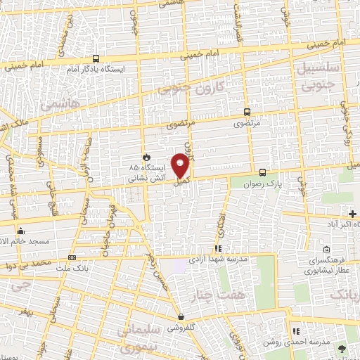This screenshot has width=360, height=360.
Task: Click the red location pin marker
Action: click(x=181, y=164)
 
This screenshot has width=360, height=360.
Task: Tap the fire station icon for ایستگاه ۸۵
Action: click(x=146, y=157)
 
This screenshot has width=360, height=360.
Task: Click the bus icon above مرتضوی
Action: click(x=247, y=111)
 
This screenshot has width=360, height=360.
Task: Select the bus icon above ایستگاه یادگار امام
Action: click(x=96, y=59)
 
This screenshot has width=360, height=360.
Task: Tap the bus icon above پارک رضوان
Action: click(x=262, y=172)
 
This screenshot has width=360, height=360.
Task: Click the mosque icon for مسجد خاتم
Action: click(x=21, y=231)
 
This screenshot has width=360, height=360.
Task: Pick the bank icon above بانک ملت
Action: click(x=72, y=257)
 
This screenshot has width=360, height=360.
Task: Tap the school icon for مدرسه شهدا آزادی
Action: click(x=219, y=248)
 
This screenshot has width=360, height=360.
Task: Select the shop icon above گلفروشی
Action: click(x=181, y=316)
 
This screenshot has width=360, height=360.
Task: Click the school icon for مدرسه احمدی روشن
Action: click(x=296, y=330)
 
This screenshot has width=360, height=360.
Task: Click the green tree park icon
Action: click(x=342, y=348)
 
